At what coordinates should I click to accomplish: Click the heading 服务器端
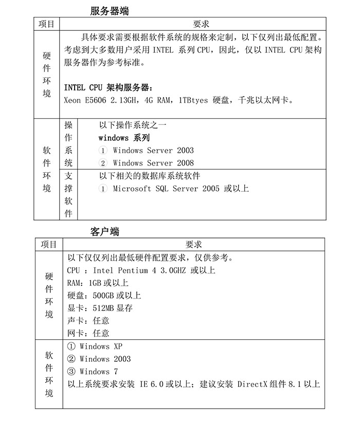(109, 11)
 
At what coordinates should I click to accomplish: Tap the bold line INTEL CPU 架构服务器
(109, 87)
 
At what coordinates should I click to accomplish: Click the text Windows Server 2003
(153, 150)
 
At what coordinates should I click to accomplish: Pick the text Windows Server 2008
(153, 163)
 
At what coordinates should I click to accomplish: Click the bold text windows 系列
(124, 138)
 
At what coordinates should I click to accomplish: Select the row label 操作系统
(68, 144)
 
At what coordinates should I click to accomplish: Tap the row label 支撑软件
(68, 195)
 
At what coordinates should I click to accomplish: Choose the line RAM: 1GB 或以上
(98, 283)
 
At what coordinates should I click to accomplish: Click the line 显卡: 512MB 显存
(100, 308)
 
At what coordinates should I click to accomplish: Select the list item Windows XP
(101, 346)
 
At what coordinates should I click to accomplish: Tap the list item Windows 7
(99, 372)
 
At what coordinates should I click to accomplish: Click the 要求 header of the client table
(193, 245)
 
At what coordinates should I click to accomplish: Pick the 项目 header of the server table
(47, 24)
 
